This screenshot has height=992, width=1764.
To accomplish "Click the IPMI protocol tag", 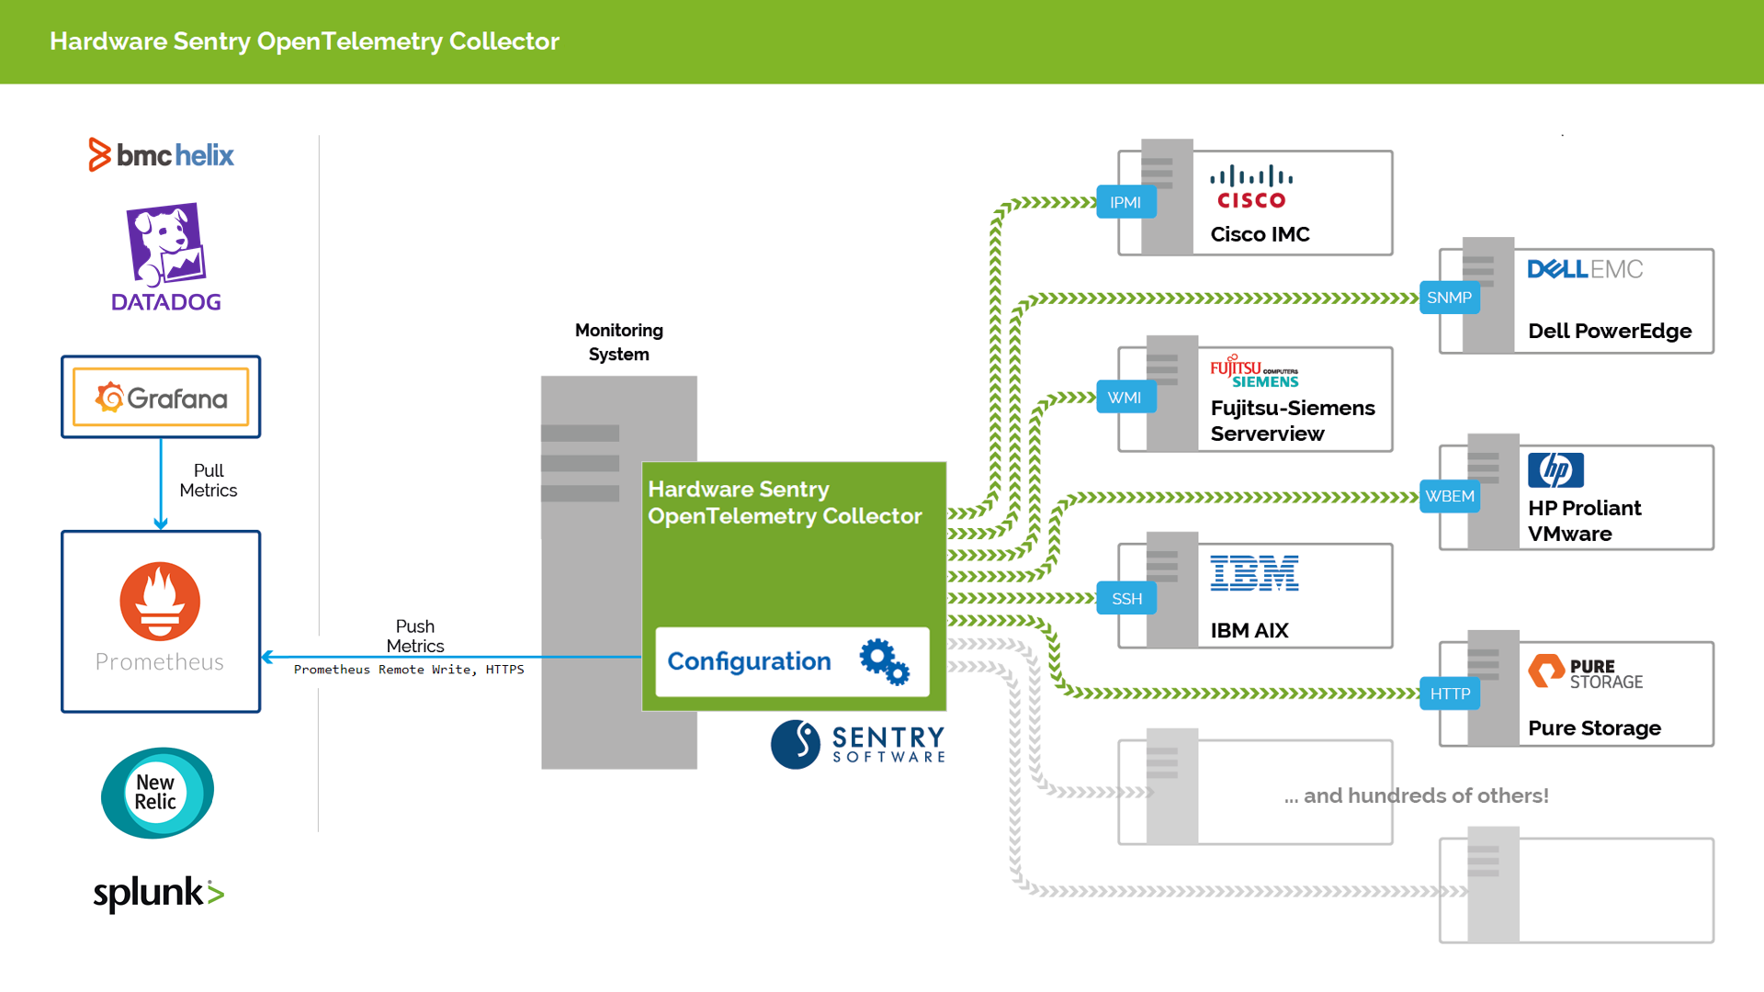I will coord(1125,202).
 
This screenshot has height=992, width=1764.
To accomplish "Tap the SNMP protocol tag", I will coord(1449,298).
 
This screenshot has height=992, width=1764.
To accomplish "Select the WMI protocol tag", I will coord(1125,398).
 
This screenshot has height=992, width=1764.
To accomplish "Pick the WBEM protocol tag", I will coord(1450,496).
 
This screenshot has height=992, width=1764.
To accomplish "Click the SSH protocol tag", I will coord(1126,599).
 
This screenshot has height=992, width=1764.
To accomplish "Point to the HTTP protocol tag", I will coord(1450,693).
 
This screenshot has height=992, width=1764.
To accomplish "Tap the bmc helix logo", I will coord(162,155).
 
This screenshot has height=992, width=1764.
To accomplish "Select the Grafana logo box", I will coord(161,397).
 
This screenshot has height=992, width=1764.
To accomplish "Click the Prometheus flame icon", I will coord(160,601).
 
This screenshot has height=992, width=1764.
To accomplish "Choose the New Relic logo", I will coord(157,792).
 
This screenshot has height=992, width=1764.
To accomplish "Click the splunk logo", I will coord(158,893).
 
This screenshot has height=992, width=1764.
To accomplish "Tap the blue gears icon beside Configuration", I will coord(884,661).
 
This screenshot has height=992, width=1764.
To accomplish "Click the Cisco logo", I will coord(1250,187).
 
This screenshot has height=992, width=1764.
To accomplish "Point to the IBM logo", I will coord(1254,573).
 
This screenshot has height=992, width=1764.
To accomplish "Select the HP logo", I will coord(1555,470).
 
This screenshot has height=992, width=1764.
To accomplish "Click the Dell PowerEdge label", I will coord(1609,331).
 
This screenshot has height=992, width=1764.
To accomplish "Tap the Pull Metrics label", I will coord(209,480).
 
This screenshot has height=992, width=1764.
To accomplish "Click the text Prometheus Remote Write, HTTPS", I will coord(409,670).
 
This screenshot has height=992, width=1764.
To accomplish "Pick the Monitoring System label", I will coord(618,342).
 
